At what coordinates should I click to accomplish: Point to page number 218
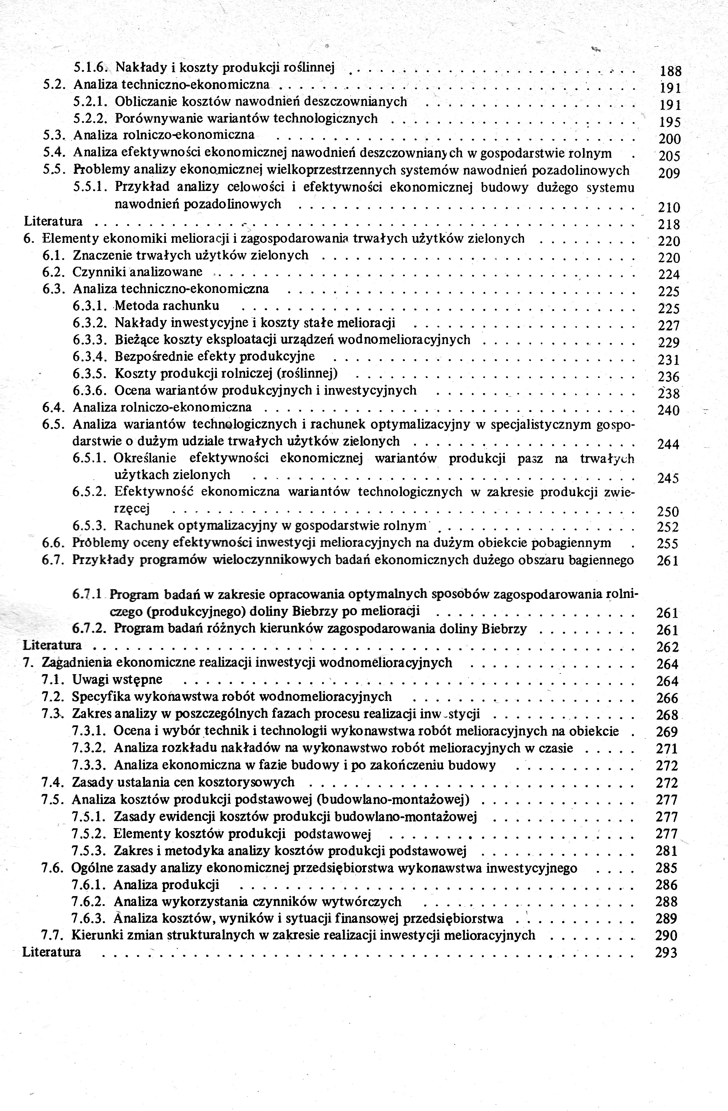tap(669, 224)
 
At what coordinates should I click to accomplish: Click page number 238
tap(669, 393)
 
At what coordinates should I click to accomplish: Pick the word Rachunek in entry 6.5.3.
tap(141, 526)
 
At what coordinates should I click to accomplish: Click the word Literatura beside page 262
tap(52, 645)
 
